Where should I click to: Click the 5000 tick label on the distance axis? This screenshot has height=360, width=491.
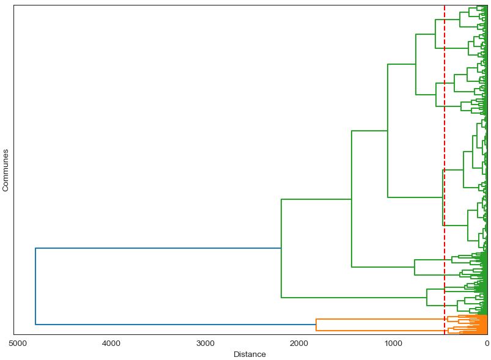point(18,343)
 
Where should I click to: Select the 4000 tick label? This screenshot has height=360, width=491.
point(111,343)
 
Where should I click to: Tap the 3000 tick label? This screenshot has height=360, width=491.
point(205,343)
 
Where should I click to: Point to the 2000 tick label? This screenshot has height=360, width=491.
point(299,343)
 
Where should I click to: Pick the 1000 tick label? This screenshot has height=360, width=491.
point(393,343)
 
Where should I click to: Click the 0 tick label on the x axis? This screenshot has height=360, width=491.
point(487,343)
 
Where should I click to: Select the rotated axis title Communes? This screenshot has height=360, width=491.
point(6,170)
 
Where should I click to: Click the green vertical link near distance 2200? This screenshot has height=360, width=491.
point(281,248)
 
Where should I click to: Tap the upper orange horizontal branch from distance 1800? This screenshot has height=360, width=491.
point(379,319)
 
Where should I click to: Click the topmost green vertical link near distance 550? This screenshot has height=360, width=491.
point(435,34)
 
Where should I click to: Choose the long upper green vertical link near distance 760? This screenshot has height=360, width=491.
point(416,64)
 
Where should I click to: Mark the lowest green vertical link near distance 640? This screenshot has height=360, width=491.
point(427,297)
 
